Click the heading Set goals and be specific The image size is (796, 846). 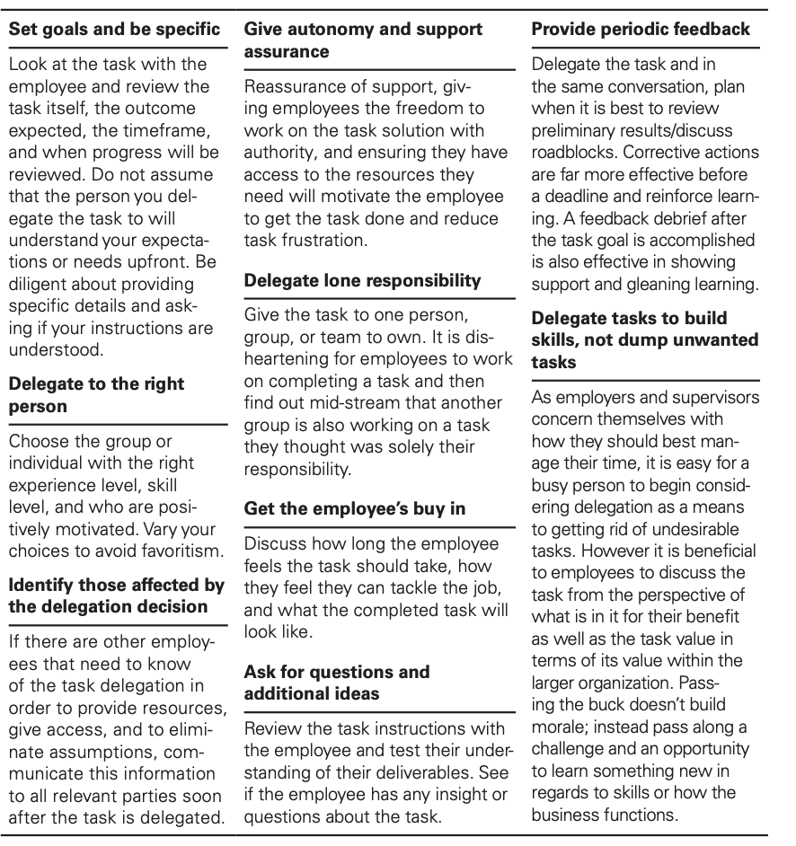click(114, 30)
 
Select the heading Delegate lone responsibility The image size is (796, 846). click(363, 280)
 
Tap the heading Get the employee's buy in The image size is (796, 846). click(355, 508)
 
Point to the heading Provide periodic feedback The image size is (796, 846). click(641, 30)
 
